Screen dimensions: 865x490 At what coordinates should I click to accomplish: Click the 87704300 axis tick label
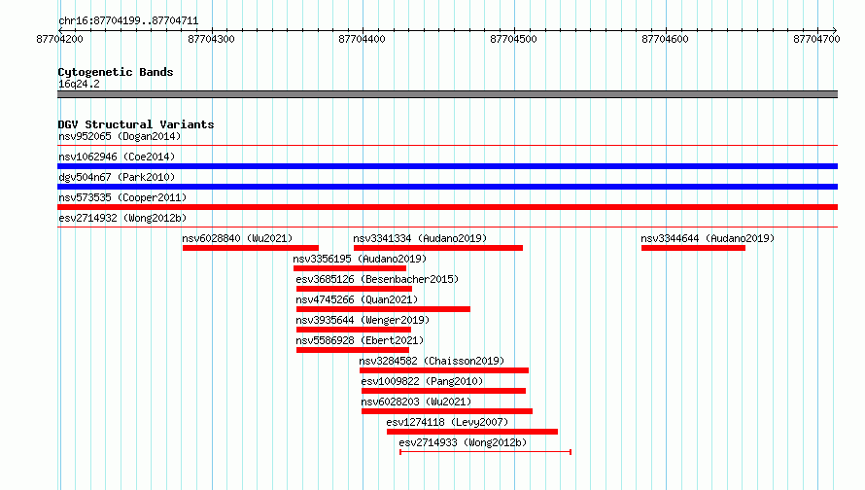point(211,39)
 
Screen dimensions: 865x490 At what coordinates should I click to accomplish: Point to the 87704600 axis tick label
point(666,39)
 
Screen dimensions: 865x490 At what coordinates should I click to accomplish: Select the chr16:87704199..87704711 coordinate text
point(128,21)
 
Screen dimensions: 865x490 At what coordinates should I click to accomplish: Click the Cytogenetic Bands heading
point(116,72)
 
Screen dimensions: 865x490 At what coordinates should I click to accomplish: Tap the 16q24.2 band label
point(79,84)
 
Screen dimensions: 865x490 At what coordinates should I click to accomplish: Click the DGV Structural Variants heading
point(136,124)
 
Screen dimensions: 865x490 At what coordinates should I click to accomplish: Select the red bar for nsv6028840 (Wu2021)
point(251,248)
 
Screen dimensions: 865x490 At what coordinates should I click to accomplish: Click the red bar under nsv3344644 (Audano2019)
point(693,248)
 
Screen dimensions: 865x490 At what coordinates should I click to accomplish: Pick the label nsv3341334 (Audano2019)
point(420,238)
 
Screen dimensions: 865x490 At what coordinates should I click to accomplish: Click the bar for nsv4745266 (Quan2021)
point(383,309)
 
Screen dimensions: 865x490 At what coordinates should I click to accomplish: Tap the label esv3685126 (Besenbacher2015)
point(377,279)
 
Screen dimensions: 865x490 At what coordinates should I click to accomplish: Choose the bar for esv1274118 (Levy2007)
point(472,432)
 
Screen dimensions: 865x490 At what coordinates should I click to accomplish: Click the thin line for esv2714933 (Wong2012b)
point(485,452)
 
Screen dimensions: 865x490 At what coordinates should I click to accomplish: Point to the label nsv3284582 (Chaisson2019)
point(432,361)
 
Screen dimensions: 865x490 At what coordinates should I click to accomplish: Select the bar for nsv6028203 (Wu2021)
point(447,411)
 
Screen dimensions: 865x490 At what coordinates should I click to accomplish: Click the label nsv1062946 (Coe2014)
point(117,157)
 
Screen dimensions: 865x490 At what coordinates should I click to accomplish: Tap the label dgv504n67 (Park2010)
point(117,177)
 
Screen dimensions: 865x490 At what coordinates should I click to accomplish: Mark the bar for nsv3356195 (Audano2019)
point(350,268)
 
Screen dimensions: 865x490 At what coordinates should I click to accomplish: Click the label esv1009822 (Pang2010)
point(422,381)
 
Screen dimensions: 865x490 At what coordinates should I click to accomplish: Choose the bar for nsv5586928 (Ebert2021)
point(353,350)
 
